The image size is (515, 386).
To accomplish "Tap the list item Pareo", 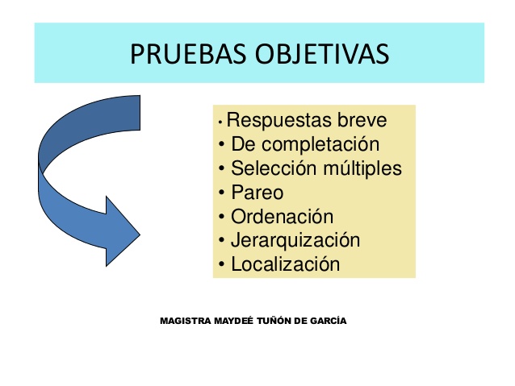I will (257, 193).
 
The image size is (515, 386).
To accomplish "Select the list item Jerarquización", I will (295, 240).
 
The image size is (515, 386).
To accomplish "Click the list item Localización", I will (285, 264).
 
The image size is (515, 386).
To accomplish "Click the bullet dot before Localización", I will (222, 264).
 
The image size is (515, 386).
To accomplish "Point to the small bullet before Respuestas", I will (220, 123).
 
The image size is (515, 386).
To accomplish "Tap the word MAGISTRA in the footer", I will (186, 321).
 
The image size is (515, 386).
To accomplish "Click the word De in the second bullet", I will (242, 146).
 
